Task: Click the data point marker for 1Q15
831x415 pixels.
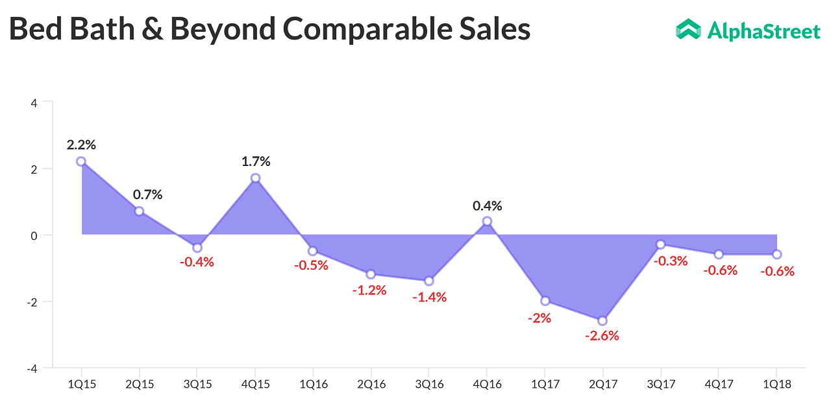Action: click(81, 161)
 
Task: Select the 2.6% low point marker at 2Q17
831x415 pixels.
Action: click(602, 321)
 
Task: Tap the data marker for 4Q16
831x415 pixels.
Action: click(487, 222)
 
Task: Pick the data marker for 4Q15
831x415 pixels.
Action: click(255, 178)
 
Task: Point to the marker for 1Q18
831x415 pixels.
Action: click(777, 254)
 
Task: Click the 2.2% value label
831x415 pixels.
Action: click(81, 145)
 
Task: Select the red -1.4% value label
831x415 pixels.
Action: click(430, 298)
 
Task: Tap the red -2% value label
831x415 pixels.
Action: click(539, 318)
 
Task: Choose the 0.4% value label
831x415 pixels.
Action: click(487, 206)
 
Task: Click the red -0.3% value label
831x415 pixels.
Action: click(670, 261)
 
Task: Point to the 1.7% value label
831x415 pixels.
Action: click(256, 161)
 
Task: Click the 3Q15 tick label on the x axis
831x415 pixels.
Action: click(197, 385)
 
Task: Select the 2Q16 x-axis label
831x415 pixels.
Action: click(371, 385)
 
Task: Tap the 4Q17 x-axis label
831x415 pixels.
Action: click(719, 385)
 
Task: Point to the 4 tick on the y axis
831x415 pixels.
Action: click(33, 102)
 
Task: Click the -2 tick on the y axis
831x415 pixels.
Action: click(31, 302)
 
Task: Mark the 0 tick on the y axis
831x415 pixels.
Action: click(33, 235)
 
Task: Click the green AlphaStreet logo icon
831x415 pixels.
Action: click(688, 29)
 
